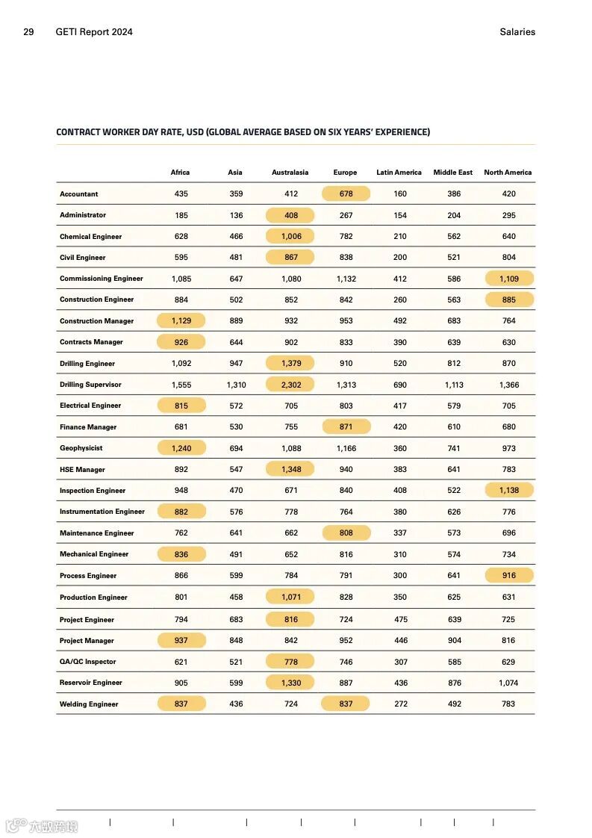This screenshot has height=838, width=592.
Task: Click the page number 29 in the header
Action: [28, 32]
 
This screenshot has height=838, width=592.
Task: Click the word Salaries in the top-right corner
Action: [517, 32]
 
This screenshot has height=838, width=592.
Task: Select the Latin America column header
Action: [399, 173]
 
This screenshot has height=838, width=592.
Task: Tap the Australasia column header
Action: [290, 173]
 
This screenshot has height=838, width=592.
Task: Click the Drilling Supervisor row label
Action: [90, 385]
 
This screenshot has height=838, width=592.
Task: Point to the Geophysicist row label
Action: [81, 448]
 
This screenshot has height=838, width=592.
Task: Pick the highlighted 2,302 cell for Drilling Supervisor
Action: [290, 385]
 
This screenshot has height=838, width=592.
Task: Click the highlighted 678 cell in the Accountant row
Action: [346, 193]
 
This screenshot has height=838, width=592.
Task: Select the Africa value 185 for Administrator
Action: [181, 215]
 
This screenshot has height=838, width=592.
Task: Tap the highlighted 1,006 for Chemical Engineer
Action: [290, 236]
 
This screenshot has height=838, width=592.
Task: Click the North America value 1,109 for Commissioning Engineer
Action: [508, 279]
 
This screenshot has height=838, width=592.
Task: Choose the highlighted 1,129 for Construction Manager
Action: [181, 321]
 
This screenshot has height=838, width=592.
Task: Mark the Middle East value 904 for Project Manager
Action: [455, 641]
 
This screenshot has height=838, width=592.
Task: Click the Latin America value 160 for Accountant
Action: [400, 193]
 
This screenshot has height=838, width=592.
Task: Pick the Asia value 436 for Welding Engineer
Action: [236, 704]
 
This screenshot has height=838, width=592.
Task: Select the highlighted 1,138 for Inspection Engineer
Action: [508, 491]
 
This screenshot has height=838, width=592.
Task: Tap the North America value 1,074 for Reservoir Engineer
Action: [508, 683]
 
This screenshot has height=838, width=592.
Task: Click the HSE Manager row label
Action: [82, 470]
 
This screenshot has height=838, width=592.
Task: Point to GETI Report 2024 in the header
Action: [94, 32]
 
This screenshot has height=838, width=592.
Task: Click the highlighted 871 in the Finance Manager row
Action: [346, 427]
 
